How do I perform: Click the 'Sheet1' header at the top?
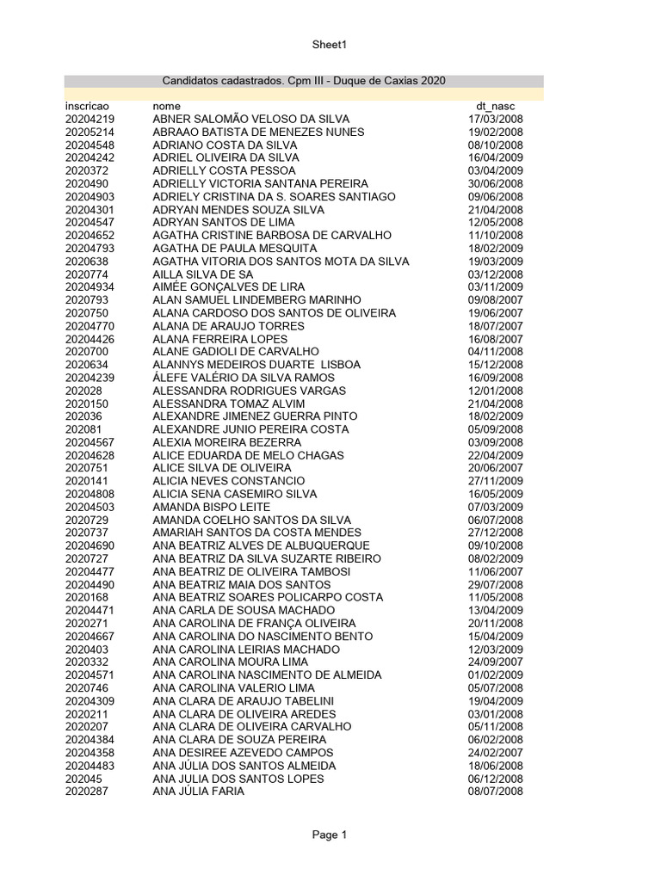[x=330, y=45]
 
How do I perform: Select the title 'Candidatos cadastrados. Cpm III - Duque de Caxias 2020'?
[x=304, y=81]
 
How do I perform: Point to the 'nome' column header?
[x=166, y=106]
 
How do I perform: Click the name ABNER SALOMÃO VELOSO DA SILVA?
[x=251, y=119]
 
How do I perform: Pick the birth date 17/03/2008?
[x=495, y=119]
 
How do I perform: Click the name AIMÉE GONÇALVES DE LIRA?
[x=228, y=286]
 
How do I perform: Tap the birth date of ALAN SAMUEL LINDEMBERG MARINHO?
[x=495, y=299]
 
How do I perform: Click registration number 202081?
[x=83, y=429]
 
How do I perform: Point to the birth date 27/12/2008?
[x=495, y=533]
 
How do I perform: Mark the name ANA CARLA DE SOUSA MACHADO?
[x=244, y=610]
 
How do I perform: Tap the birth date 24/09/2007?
[x=495, y=662]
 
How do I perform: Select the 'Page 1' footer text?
[x=330, y=835]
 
